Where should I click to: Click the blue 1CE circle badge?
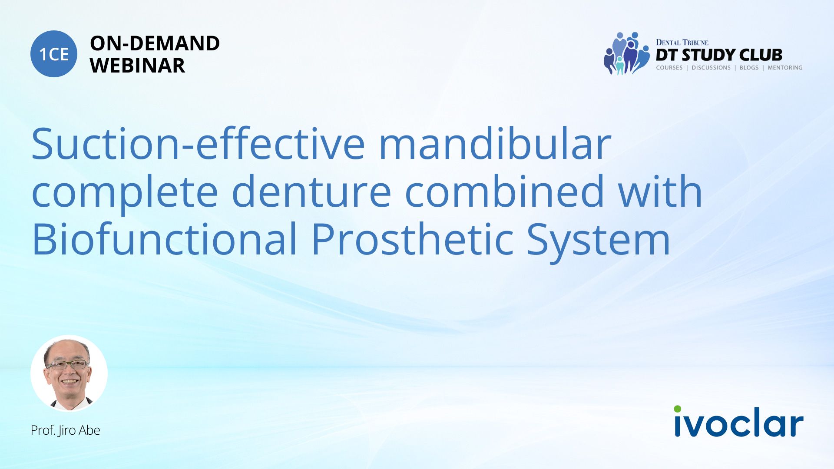pyautogui.click(x=54, y=54)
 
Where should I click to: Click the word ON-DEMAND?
pyautogui.click(x=155, y=43)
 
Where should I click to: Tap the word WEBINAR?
pyautogui.click(x=137, y=66)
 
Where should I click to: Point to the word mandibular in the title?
pyautogui.click(x=495, y=144)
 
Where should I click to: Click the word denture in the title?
pyautogui.click(x=311, y=192)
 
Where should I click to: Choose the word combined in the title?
pyautogui.click(x=504, y=192)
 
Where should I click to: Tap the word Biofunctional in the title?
pyautogui.click(x=165, y=239)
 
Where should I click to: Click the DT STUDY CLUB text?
pyautogui.click(x=719, y=55)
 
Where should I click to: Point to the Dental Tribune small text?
pyautogui.click(x=682, y=43)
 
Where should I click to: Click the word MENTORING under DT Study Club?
pyautogui.click(x=785, y=68)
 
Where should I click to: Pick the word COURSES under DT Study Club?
pyautogui.click(x=669, y=68)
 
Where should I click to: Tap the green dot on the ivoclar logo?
pyautogui.click(x=678, y=409)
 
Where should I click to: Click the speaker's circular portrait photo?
pyautogui.click(x=69, y=373)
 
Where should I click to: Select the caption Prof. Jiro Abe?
pyautogui.click(x=65, y=430)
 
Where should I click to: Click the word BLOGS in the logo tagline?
pyautogui.click(x=749, y=68)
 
